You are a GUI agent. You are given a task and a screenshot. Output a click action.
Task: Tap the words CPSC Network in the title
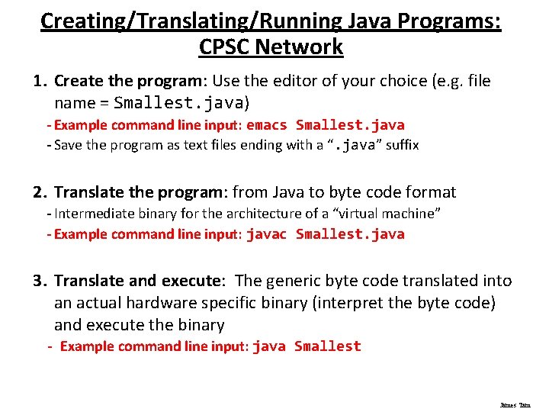pyautogui.click(x=271, y=47)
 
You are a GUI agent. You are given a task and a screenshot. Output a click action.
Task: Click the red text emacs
pyautogui.click(x=267, y=125)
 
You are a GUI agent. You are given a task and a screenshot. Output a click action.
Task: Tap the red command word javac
pyautogui.click(x=266, y=234)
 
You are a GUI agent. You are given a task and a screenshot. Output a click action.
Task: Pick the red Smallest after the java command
pyautogui.click(x=327, y=346)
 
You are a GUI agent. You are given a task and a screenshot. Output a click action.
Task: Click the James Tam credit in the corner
pyautogui.click(x=515, y=405)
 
